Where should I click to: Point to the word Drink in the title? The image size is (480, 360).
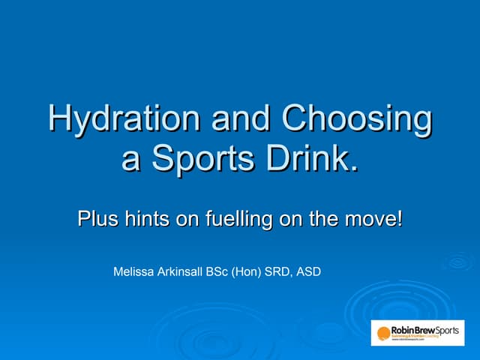[x=309, y=159]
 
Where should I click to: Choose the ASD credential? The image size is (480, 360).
[x=310, y=271]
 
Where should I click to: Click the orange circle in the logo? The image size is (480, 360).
[x=383, y=333]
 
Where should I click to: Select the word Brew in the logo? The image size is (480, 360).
[x=425, y=330]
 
